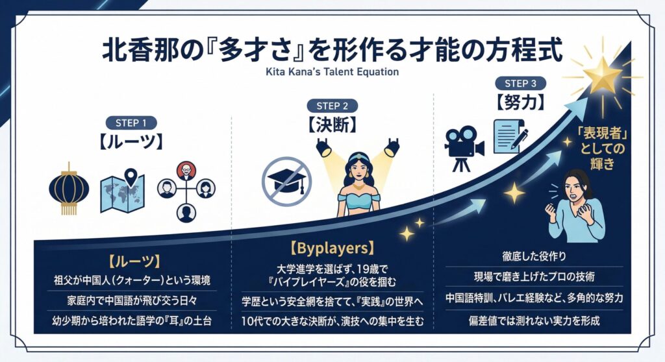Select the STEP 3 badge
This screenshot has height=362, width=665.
(x=520, y=84)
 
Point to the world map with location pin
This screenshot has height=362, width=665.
(x=123, y=190)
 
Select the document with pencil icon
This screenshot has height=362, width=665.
(x=509, y=136)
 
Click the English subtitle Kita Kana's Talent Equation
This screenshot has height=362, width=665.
(x=332, y=72)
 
